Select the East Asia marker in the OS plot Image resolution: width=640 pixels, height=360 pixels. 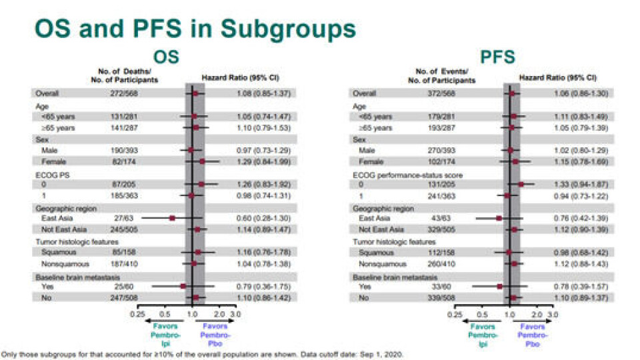click(x=172, y=218)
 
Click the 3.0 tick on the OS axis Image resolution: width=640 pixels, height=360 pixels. click(x=235, y=312)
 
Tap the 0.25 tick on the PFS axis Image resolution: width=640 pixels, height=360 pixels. click(x=455, y=312)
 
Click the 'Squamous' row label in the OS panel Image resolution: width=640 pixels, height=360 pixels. click(x=53, y=252)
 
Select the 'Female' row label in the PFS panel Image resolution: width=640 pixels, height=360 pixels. click(x=371, y=161)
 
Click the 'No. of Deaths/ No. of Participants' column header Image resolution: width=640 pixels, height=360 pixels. click(x=124, y=75)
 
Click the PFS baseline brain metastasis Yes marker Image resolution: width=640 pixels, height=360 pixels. click(x=499, y=287)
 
